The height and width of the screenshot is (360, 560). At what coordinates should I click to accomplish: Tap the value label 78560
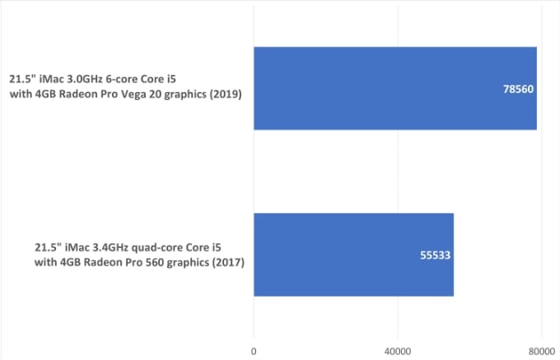[520, 88]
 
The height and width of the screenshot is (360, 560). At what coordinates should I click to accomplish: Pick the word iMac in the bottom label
[85, 246]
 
